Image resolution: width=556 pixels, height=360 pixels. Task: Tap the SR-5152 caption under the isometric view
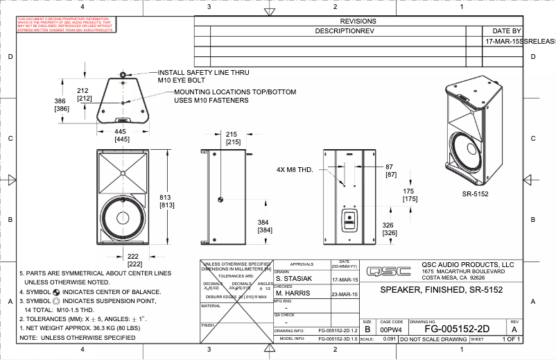(476, 194)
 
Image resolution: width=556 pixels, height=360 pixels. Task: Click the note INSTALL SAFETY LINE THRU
(203, 72)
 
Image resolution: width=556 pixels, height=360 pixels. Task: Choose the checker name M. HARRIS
(291, 293)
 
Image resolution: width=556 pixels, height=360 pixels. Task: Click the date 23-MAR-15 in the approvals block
(345, 293)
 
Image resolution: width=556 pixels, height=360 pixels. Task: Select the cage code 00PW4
(392, 331)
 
